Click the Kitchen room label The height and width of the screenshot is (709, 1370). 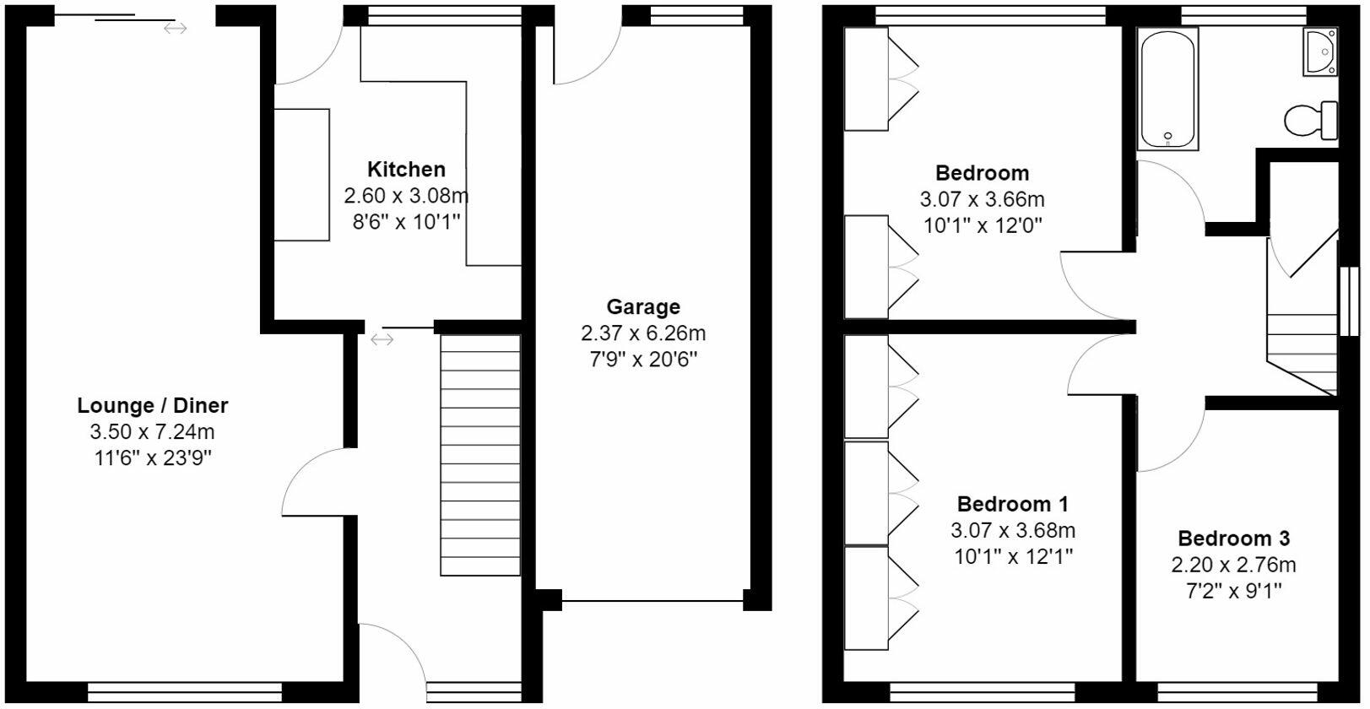[x=406, y=169]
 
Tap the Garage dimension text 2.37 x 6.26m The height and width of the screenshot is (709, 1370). [x=642, y=333]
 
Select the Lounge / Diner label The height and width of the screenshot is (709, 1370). [x=153, y=405]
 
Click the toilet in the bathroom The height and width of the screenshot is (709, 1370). [x=1312, y=120]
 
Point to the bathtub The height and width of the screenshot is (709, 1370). [x=1168, y=89]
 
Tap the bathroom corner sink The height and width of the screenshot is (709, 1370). [x=1319, y=51]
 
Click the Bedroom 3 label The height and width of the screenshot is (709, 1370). [x=1233, y=539]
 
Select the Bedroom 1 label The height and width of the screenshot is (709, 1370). [x=1012, y=504]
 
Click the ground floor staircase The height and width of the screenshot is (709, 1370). [x=480, y=456]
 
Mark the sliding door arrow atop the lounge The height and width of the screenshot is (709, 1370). [x=175, y=29]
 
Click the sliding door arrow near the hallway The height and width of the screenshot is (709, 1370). [x=382, y=339]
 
